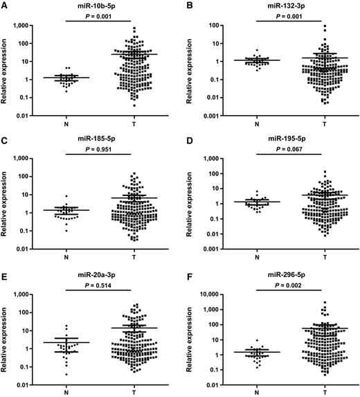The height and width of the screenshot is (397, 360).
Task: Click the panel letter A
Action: (5, 6)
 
